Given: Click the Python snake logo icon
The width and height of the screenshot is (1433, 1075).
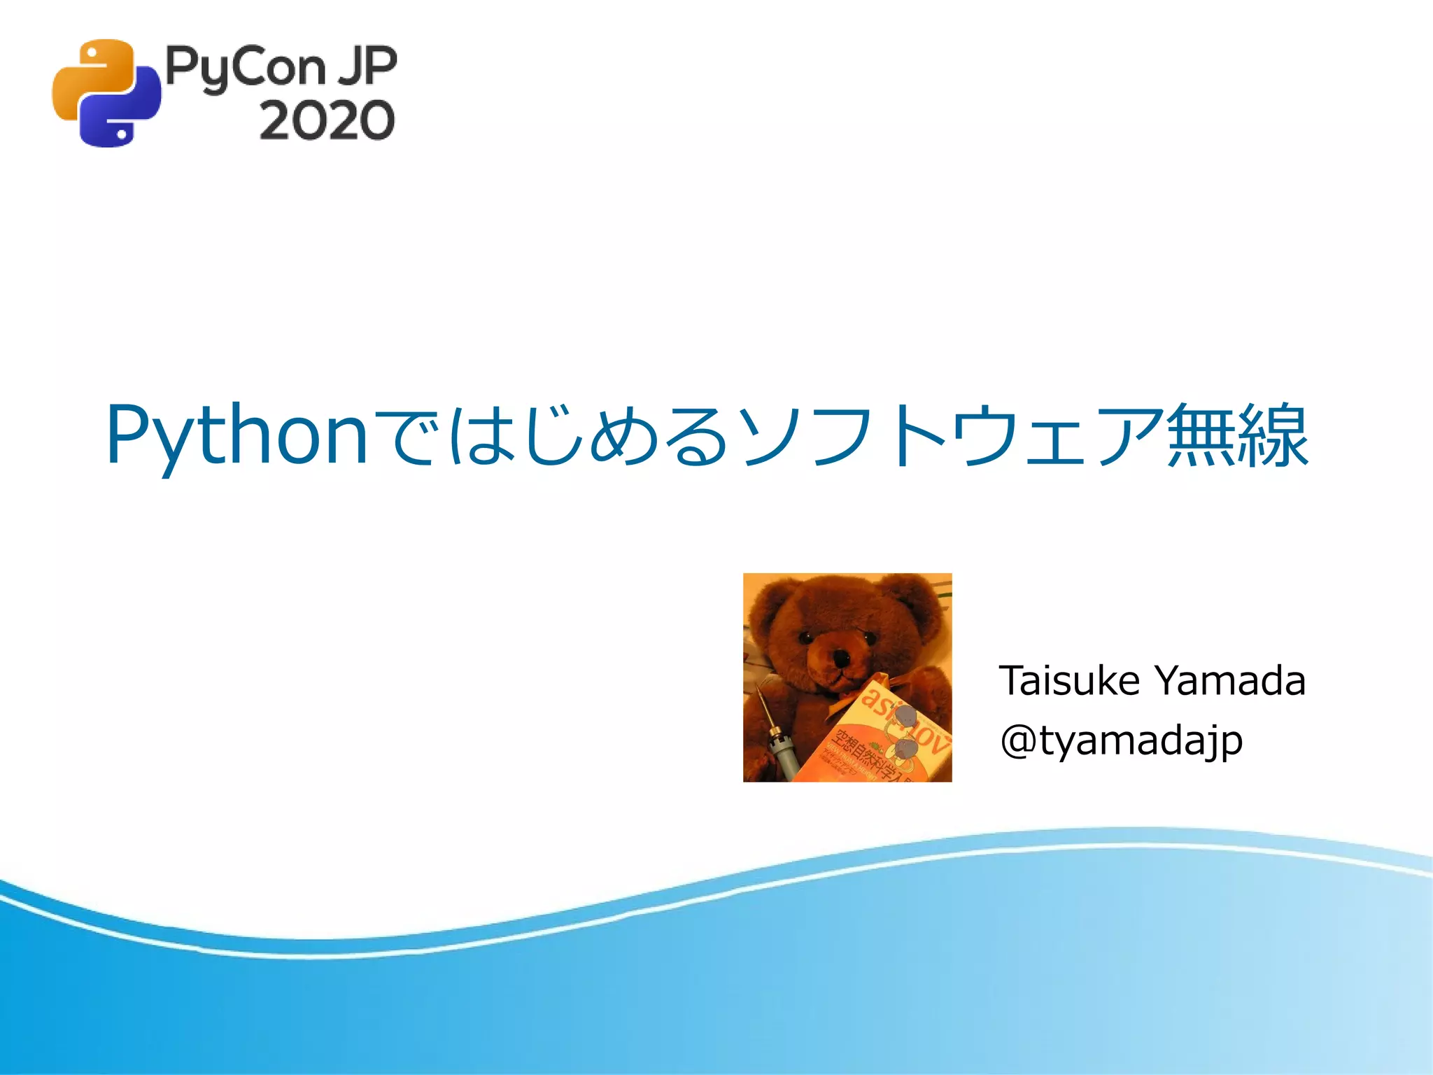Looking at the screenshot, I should (x=106, y=93).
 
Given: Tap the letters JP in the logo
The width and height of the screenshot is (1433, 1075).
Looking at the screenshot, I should (x=367, y=66).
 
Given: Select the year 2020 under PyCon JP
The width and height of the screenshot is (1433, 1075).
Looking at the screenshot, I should (x=327, y=120).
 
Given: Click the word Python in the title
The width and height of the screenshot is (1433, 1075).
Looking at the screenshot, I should (x=237, y=435).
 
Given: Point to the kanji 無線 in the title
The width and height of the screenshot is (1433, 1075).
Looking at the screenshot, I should (x=1237, y=435).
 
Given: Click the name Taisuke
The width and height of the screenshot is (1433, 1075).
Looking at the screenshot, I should (x=1069, y=680).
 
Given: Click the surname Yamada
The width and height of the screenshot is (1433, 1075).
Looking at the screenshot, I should (x=1229, y=680).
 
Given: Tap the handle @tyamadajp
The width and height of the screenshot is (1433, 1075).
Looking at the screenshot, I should (x=1121, y=740).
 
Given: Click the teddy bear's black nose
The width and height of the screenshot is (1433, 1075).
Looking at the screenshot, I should (x=840, y=658).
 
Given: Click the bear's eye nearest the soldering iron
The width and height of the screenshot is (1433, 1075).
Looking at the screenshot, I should (x=805, y=637).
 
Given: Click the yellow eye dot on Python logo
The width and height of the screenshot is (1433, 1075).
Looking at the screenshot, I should (x=90, y=52).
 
